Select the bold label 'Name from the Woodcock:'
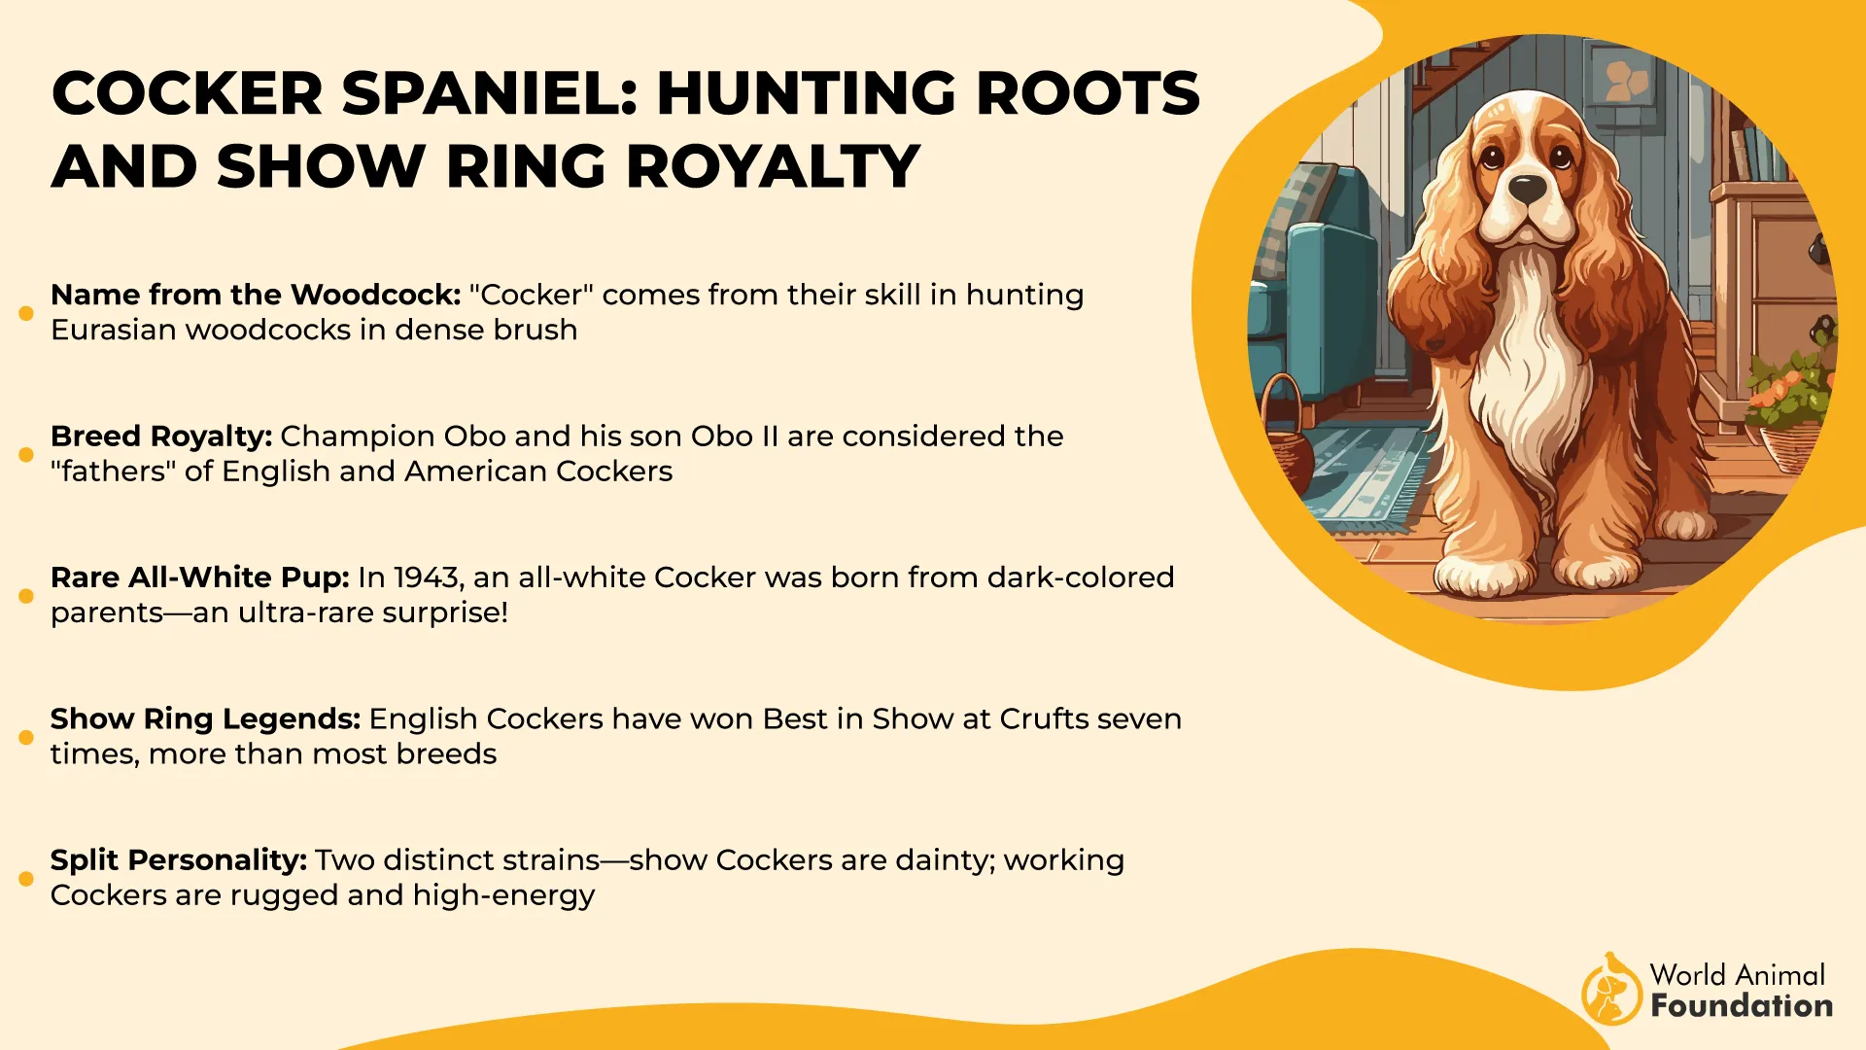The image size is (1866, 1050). point(256,295)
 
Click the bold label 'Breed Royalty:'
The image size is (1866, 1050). point(161,437)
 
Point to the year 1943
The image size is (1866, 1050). point(427,578)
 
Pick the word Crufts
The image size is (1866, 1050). point(1043,718)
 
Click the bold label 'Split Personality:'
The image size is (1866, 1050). point(179,861)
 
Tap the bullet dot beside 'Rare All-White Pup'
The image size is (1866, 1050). point(26,596)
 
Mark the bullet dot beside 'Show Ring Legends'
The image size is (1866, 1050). point(26,737)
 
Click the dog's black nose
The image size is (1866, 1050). point(1527,189)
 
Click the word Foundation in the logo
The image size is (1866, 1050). point(1742,1005)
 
